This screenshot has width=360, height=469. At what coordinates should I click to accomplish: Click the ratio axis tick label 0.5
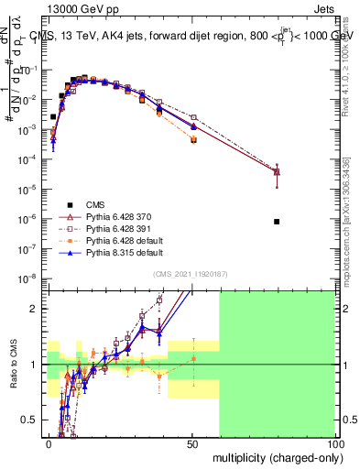[x=31, y=420]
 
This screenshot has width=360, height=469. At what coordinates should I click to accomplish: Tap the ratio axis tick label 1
[x=36, y=365]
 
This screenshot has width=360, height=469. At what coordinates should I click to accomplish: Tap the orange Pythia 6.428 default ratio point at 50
[x=193, y=358]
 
